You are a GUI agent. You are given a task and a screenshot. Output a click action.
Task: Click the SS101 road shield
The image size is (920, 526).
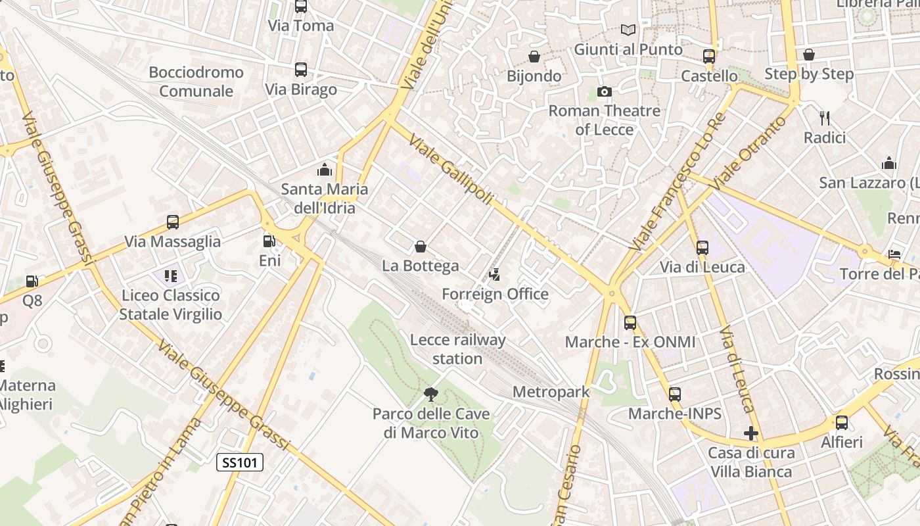click(x=240, y=462)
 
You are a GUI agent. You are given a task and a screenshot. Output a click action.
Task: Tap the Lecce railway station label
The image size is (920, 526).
click(x=457, y=349)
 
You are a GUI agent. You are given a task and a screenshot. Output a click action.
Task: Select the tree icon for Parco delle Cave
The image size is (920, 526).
click(x=431, y=394)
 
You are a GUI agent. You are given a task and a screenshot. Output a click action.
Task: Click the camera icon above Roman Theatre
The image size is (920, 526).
click(x=605, y=91)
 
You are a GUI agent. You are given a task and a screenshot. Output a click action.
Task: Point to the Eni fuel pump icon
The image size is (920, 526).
click(x=269, y=241)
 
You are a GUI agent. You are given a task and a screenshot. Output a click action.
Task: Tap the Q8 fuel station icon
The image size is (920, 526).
click(x=32, y=281)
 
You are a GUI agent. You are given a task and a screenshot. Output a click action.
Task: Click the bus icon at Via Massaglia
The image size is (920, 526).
click(x=173, y=222)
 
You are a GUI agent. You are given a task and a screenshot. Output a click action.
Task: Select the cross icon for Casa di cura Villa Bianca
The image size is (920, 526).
click(x=751, y=433)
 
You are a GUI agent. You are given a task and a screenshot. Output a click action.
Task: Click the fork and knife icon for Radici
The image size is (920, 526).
click(x=825, y=118)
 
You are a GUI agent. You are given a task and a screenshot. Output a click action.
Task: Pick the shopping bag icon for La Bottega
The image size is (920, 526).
click(x=421, y=247)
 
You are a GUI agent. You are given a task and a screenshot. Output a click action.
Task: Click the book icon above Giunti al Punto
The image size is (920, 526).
click(x=628, y=30)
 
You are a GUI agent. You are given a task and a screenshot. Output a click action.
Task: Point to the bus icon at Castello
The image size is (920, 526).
click(x=709, y=57)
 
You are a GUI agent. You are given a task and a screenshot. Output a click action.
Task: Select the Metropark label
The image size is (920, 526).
click(x=551, y=392)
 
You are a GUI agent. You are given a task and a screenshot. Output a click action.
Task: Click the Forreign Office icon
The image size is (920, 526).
click(x=495, y=275)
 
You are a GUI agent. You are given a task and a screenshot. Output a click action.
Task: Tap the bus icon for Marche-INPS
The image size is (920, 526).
click(x=675, y=394)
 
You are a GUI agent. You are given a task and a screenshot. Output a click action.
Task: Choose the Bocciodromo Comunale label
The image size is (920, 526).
click(x=196, y=82)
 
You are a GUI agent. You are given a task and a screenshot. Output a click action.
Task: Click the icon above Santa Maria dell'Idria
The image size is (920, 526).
click(x=325, y=170)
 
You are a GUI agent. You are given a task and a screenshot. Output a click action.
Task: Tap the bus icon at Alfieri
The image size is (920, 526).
click(x=842, y=423)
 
